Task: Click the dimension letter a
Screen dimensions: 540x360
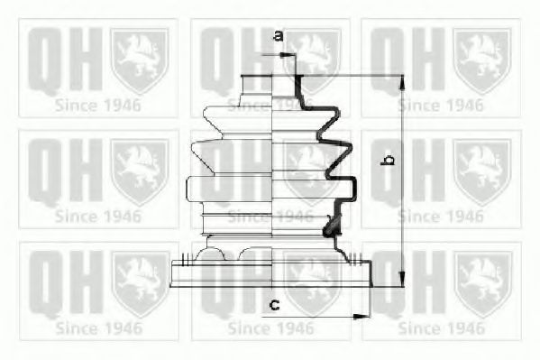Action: (x=279, y=35)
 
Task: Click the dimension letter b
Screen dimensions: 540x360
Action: (x=388, y=160)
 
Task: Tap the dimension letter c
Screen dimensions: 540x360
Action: (x=274, y=304)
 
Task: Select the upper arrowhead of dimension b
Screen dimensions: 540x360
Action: (x=402, y=82)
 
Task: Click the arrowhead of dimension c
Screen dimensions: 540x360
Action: (x=362, y=316)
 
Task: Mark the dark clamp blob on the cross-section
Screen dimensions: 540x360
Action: (x=331, y=227)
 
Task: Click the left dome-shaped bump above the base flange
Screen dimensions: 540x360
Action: (x=210, y=254)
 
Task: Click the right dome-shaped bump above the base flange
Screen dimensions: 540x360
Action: (x=255, y=254)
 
